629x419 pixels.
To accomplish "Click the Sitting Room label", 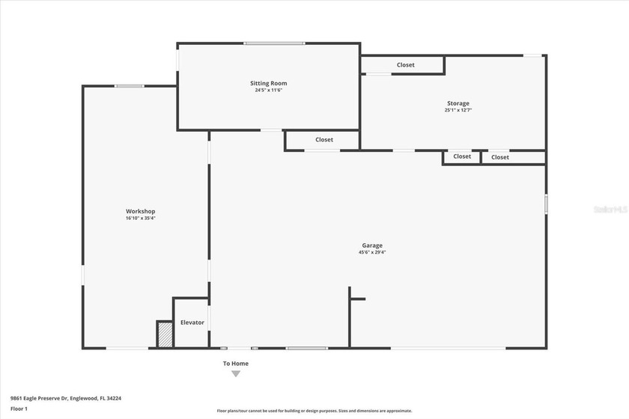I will click(x=268, y=83).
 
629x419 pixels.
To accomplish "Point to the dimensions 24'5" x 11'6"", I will click(x=268, y=90).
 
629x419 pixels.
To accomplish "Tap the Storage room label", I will click(x=458, y=103).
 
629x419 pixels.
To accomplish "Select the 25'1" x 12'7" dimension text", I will click(x=458, y=110).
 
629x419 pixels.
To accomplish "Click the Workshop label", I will click(x=140, y=212).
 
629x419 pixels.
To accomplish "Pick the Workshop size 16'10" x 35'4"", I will click(x=140, y=218).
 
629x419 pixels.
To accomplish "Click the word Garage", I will click(x=372, y=245).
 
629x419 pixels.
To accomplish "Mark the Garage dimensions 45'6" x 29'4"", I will click(x=372, y=252).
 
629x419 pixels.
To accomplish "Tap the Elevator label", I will click(x=192, y=322).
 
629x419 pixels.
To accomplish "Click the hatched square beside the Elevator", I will click(x=165, y=334).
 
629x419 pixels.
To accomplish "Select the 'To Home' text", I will click(x=235, y=364).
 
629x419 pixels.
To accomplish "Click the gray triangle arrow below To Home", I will click(x=235, y=373).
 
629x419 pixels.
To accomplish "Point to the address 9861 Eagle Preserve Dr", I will click(x=66, y=399).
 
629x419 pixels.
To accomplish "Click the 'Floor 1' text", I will click(x=19, y=409).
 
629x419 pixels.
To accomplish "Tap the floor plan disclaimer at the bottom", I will click(x=314, y=411).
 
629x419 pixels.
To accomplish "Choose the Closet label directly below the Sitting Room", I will click(x=324, y=140).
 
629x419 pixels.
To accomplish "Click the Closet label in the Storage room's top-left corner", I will click(x=405, y=65).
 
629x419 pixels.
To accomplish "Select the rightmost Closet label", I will click(x=500, y=157).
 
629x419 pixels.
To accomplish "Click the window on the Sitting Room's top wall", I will click(x=274, y=43).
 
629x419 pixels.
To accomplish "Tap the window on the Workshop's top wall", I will click(x=129, y=86).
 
